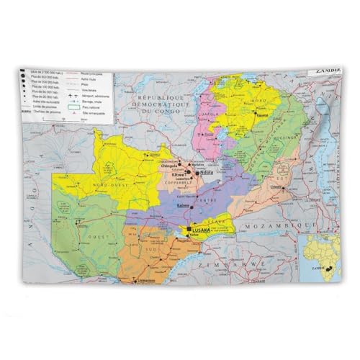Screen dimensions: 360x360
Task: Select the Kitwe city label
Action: (x=178, y=175)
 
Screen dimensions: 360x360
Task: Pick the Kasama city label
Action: (x=262, y=114)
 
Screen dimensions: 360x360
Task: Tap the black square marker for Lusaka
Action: (x=189, y=228)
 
